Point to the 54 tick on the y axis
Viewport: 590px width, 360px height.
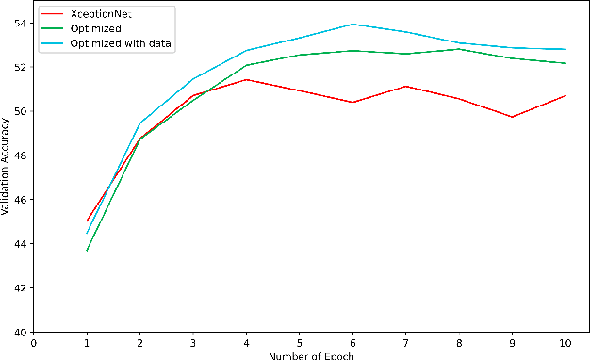tap(24, 23)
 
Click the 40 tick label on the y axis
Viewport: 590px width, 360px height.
tap(24, 332)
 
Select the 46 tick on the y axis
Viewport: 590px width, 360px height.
tap(24, 200)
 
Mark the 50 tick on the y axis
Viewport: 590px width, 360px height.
tap(24, 111)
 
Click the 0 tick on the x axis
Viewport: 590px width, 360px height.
tap(34, 342)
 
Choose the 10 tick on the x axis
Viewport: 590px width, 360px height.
tap(565, 342)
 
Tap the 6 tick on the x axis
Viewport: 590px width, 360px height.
tap(352, 342)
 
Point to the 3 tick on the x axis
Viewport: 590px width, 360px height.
tap(193, 342)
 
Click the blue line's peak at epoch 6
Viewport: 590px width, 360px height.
tap(352, 25)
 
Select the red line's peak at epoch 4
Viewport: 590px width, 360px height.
tap(246, 79)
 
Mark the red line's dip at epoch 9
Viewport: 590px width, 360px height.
tap(512, 117)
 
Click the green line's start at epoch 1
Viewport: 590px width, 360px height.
tap(87, 251)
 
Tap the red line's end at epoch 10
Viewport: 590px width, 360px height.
tap(565, 95)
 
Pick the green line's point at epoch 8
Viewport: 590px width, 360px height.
tap(459, 48)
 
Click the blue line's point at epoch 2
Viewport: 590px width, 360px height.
tap(140, 123)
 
